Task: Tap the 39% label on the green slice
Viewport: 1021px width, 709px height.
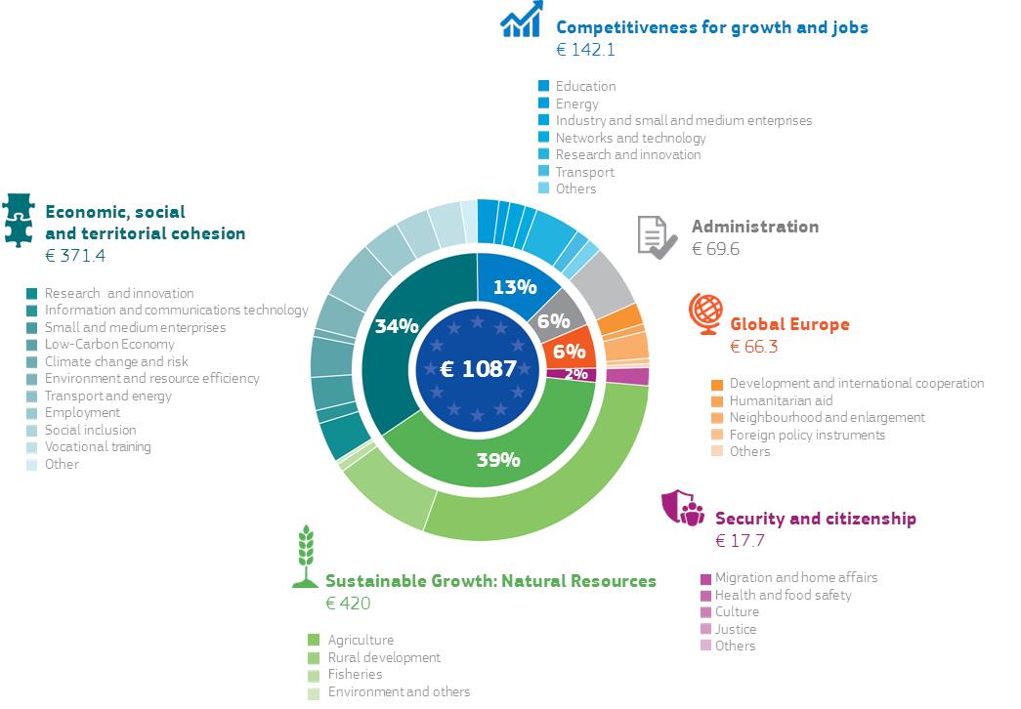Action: [x=498, y=459]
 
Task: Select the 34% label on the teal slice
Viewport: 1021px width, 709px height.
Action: [x=397, y=325]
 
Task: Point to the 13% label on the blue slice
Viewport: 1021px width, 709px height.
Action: [x=515, y=287]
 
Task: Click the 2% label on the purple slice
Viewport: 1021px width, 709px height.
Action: [x=576, y=374]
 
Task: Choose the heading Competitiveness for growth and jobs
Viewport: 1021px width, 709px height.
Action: [x=711, y=27]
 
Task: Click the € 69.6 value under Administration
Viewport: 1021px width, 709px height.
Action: [x=715, y=249]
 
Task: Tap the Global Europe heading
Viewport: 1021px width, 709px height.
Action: [x=789, y=324]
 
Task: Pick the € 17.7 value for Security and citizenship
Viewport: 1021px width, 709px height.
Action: [x=740, y=540]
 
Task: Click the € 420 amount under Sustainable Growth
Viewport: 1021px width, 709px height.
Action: [x=348, y=603]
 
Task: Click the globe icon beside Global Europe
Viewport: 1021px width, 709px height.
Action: [x=704, y=313]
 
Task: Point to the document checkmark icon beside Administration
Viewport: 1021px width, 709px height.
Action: [x=657, y=237]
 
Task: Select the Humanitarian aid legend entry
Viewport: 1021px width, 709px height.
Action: [x=780, y=400]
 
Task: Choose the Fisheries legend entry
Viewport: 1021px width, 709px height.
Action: [x=355, y=674]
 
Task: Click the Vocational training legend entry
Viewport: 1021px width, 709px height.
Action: [x=98, y=446]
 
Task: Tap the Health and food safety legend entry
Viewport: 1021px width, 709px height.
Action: [x=783, y=595]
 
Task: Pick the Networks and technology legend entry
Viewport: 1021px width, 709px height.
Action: [x=630, y=138]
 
